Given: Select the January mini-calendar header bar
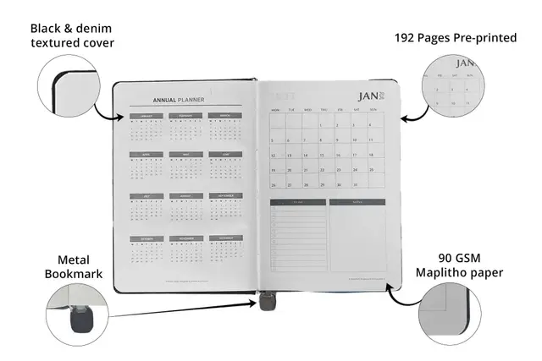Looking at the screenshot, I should [x=145, y=116].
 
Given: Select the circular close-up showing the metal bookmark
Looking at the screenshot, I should [x=75, y=314].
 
